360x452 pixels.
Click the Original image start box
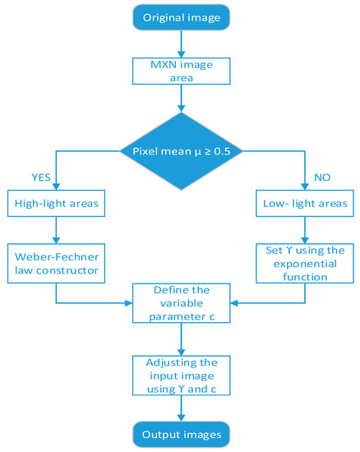click(180, 17)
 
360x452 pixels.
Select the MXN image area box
click(180, 71)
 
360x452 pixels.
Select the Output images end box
click(180, 433)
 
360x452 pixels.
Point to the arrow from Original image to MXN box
click(180, 43)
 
